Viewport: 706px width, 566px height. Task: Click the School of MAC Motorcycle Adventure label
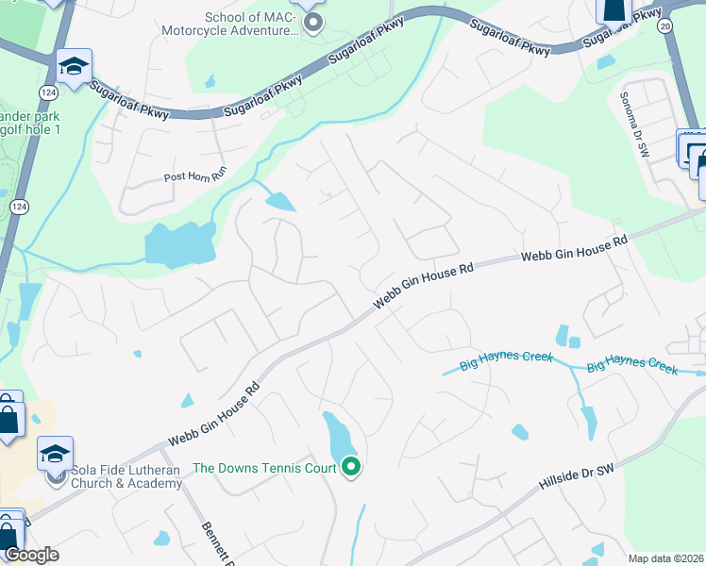251,24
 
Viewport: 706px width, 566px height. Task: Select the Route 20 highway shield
667,25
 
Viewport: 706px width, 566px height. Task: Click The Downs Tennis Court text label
265,468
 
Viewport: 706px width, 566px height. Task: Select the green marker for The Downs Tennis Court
351,466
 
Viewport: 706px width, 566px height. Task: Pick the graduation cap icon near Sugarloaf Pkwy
74,66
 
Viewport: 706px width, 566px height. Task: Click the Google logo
32,555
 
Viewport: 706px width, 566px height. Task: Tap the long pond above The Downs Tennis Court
335,435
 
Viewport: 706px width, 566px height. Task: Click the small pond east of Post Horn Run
280,201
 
